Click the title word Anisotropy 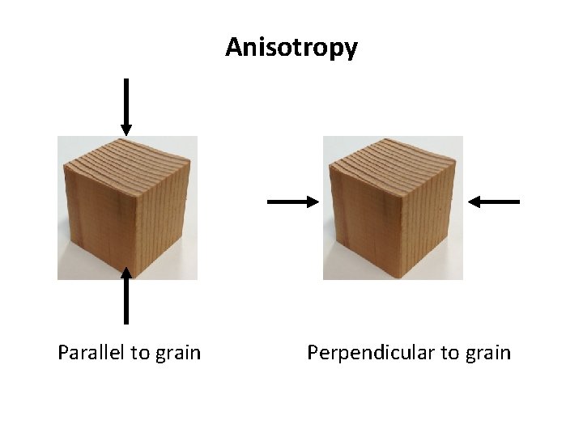click(291, 48)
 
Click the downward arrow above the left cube click(126, 106)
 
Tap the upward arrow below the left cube click(126, 296)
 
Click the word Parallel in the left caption click(91, 353)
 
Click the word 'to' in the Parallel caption click(140, 353)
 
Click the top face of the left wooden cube click(130, 159)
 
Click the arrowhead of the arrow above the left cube click(126, 129)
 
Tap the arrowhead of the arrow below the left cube click(126, 274)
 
